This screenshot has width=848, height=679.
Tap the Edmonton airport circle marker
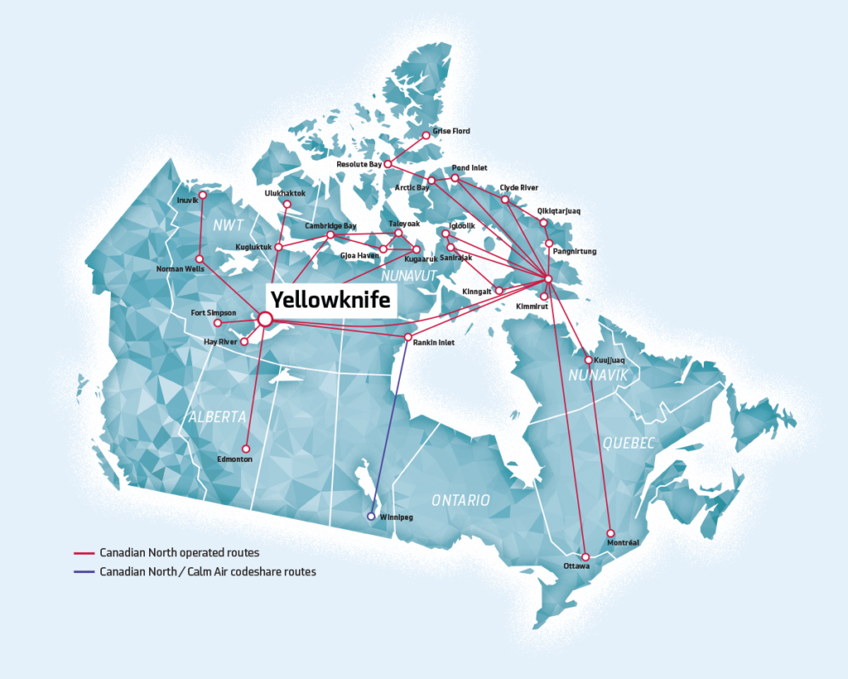coord(246,449)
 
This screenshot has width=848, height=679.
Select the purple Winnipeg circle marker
coord(371,517)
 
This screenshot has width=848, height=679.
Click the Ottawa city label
coord(576,566)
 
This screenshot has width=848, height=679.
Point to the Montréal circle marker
coord(611,533)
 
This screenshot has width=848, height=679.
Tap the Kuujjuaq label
coord(612,361)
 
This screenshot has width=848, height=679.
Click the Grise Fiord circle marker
coord(426,135)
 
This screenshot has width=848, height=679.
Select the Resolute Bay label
coord(359,165)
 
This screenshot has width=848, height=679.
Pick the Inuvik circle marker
coord(202,195)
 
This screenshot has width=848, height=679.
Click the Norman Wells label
coord(181,269)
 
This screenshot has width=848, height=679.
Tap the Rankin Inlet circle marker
coord(407,337)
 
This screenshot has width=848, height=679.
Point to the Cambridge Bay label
coord(330,226)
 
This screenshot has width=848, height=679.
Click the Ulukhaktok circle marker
coord(287,204)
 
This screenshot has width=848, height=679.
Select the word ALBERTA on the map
coord(217,417)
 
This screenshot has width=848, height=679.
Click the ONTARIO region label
coord(460,500)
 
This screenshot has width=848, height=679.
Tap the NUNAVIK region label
coord(599,377)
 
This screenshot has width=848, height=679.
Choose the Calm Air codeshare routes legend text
coord(208,571)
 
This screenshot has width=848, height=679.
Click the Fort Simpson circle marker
coord(218,323)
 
